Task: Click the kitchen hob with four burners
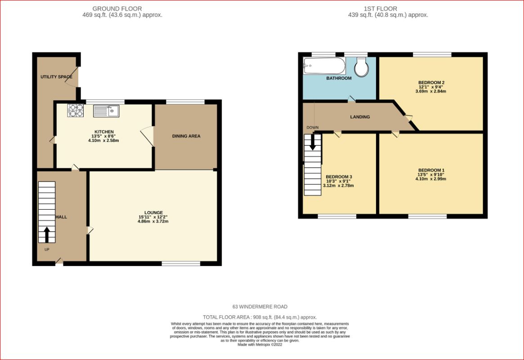[76, 110]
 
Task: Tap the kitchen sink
[106, 111]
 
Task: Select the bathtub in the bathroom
[324, 66]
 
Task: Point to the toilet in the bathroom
[361, 67]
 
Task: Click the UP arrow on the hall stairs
[46, 234]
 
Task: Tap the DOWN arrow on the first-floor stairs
[313, 142]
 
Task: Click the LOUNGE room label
[154, 212]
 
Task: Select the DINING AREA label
[186, 136]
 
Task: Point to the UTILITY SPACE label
[57, 77]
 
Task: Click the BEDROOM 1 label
[431, 170]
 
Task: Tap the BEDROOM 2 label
[431, 82]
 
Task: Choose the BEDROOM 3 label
[339, 177]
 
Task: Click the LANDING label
[360, 117]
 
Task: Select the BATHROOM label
[339, 78]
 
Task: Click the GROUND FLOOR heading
[117, 9]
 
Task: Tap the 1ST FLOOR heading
[381, 9]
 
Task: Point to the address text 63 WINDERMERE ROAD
[260, 306]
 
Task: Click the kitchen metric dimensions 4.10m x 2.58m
[103, 141]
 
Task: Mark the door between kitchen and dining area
[148, 136]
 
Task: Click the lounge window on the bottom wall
[181, 264]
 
